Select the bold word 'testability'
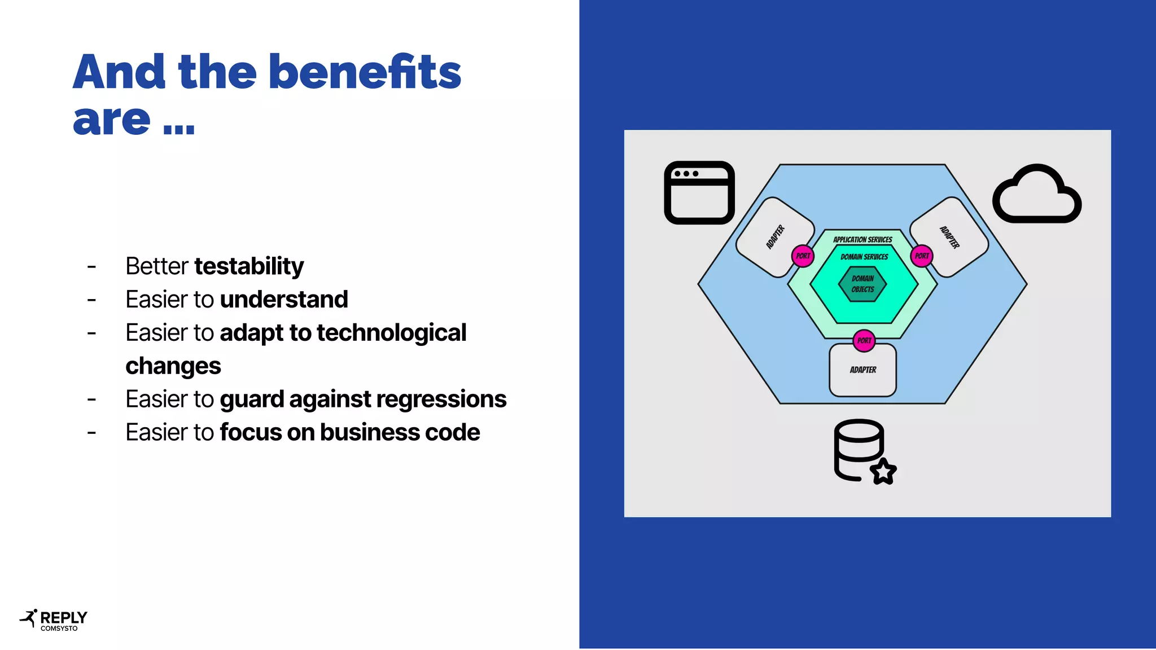click(x=249, y=266)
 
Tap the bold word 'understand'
click(x=284, y=300)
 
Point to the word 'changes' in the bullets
click(x=173, y=366)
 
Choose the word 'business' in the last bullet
click(x=369, y=433)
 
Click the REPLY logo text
click(x=64, y=617)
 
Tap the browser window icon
click(x=699, y=192)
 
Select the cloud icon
click(x=1037, y=194)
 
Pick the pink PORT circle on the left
click(x=803, y=256)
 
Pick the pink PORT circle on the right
click(x=922, y=256)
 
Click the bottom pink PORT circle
click(x=864, y=341)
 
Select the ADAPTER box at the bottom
click(x=863, y=371)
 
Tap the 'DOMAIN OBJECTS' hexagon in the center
click(x=862, y=284)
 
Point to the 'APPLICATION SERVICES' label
click(x=862, y=240)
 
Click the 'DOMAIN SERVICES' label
click(x=864, y=257)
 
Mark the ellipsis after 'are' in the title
click(x=179, y=129)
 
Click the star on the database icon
click(x=883, y=471)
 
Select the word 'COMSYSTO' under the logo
click(x=59, y=629)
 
